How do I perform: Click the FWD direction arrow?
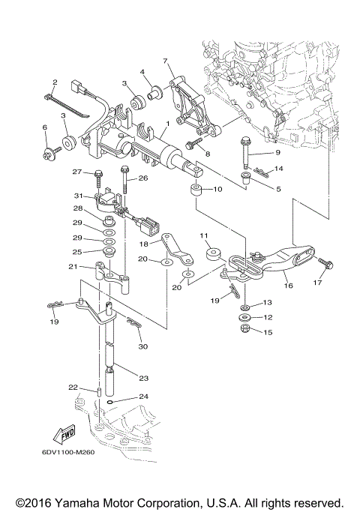tap(64, 433)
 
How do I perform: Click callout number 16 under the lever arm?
tap(288, 285)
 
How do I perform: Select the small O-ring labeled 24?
tap(111, 401)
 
